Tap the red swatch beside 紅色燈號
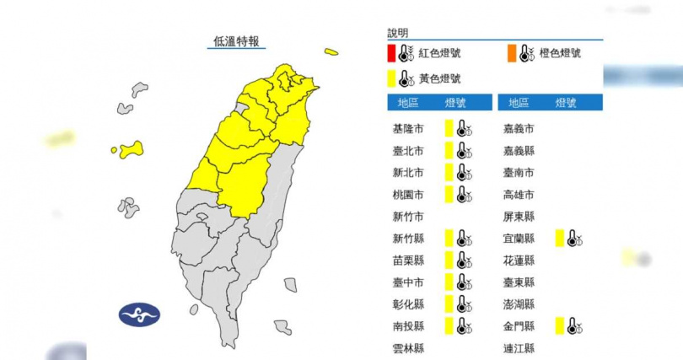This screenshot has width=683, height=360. point(392,53)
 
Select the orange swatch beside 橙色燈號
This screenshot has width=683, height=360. point(513,53)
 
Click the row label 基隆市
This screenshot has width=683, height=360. point(408,129)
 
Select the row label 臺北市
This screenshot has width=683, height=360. point(408,151)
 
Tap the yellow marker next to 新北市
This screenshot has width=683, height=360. point(449,173)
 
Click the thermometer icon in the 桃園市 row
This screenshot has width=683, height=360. point(463,195)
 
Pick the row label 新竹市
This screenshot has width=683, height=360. point(408,217)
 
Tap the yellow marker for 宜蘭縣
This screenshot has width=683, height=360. point(559,239)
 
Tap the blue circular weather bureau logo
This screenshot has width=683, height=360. point(139,315)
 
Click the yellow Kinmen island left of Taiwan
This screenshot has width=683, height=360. point(131,150)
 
